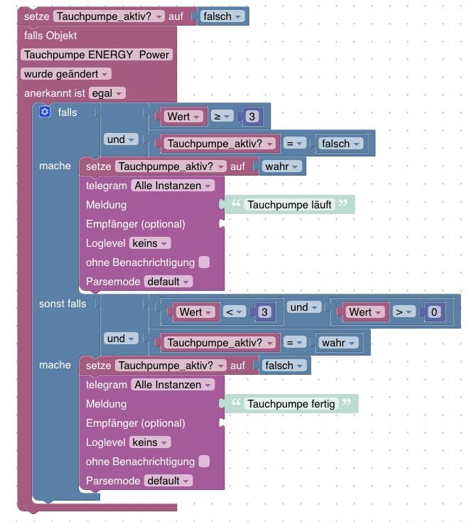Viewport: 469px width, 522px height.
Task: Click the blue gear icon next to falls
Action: pyautogui.click(x=45, y=112)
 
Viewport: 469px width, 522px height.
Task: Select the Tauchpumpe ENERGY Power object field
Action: pyautogui.click(x=97, y=55)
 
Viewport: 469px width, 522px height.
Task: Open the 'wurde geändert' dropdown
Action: pyautogui.click(x=66, y=74)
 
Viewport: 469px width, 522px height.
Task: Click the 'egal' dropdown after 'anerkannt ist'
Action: pyautogui.click(x=107, y=93)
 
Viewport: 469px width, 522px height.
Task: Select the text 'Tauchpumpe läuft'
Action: pyautogui.click(x=289, y=205)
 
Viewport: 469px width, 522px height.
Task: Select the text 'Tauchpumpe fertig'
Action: pyautogui.click(x=291, y=404)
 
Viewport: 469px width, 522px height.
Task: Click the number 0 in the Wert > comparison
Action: pyautogui.click(x=434, y=311)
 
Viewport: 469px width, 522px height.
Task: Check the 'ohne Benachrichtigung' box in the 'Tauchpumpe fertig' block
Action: pyautogui.click(x=204, y=462)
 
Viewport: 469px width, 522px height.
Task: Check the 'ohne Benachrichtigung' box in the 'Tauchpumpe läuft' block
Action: pyautogui.click(x=204, y=262)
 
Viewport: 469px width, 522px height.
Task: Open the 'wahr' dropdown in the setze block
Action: pyautogui.click(x=283, y=166)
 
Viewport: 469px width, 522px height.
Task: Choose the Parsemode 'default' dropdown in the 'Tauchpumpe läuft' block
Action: pyautogui.click(x=168, y=282)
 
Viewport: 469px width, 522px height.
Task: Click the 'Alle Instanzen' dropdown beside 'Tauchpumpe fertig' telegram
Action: pyautogui.click(x=172, y=385)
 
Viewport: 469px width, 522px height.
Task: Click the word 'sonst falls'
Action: pyautogui.click(x=63, y=304)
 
